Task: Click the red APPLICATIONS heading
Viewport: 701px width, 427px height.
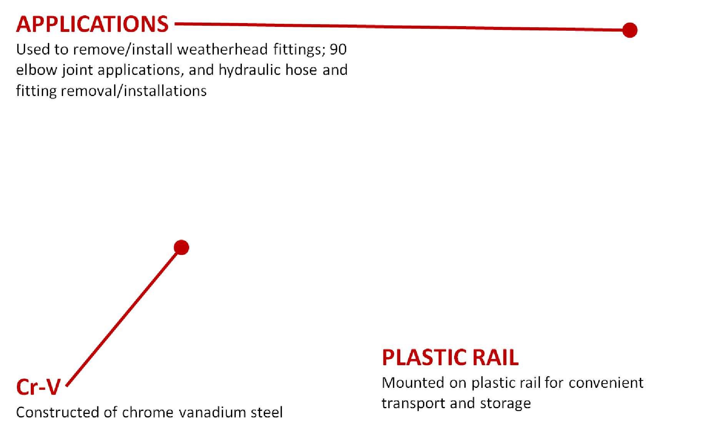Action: click(x=92, y=24)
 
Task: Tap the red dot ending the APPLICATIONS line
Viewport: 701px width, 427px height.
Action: click(x=629, y=30)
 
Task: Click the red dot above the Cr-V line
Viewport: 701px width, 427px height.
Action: click(x=181, y=248)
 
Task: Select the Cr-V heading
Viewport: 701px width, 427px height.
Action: click(x=38, y=387)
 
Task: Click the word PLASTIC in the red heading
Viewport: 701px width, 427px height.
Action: click(x=424, y=357)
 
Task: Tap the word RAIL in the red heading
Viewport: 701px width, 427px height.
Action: click(x=495, y=357)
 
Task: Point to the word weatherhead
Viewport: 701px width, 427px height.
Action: click(x=222, y=49)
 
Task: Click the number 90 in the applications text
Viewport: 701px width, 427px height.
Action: click(x=338, y=49)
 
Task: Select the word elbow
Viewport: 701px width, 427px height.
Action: click(x=36, y=70)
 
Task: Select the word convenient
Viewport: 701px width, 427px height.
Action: click(x=606, y=383)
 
